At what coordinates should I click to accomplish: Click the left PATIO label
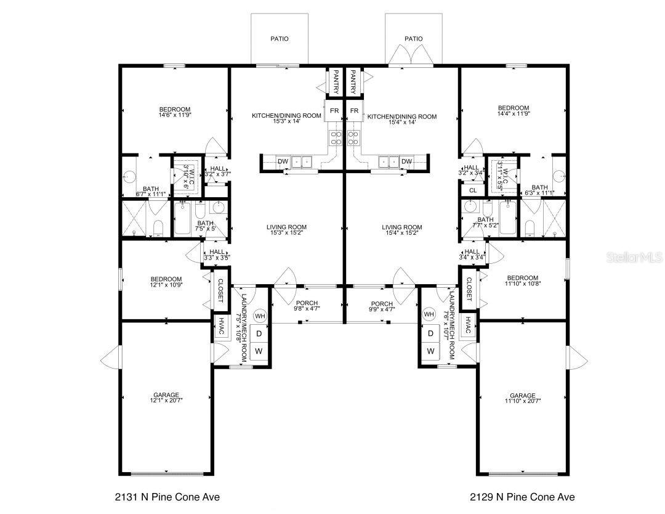coord(280,39)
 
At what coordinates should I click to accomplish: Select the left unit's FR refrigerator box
coord(334,111)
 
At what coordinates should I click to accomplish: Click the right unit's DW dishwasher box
coord(406,161)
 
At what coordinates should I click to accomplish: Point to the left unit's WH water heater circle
coord(260,316)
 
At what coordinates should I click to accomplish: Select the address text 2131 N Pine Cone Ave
coord(167,497)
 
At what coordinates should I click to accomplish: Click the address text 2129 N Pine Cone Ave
coord(523,497)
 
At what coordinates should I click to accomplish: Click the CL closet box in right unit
coord(473,190)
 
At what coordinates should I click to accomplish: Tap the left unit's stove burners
coord(336,137)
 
